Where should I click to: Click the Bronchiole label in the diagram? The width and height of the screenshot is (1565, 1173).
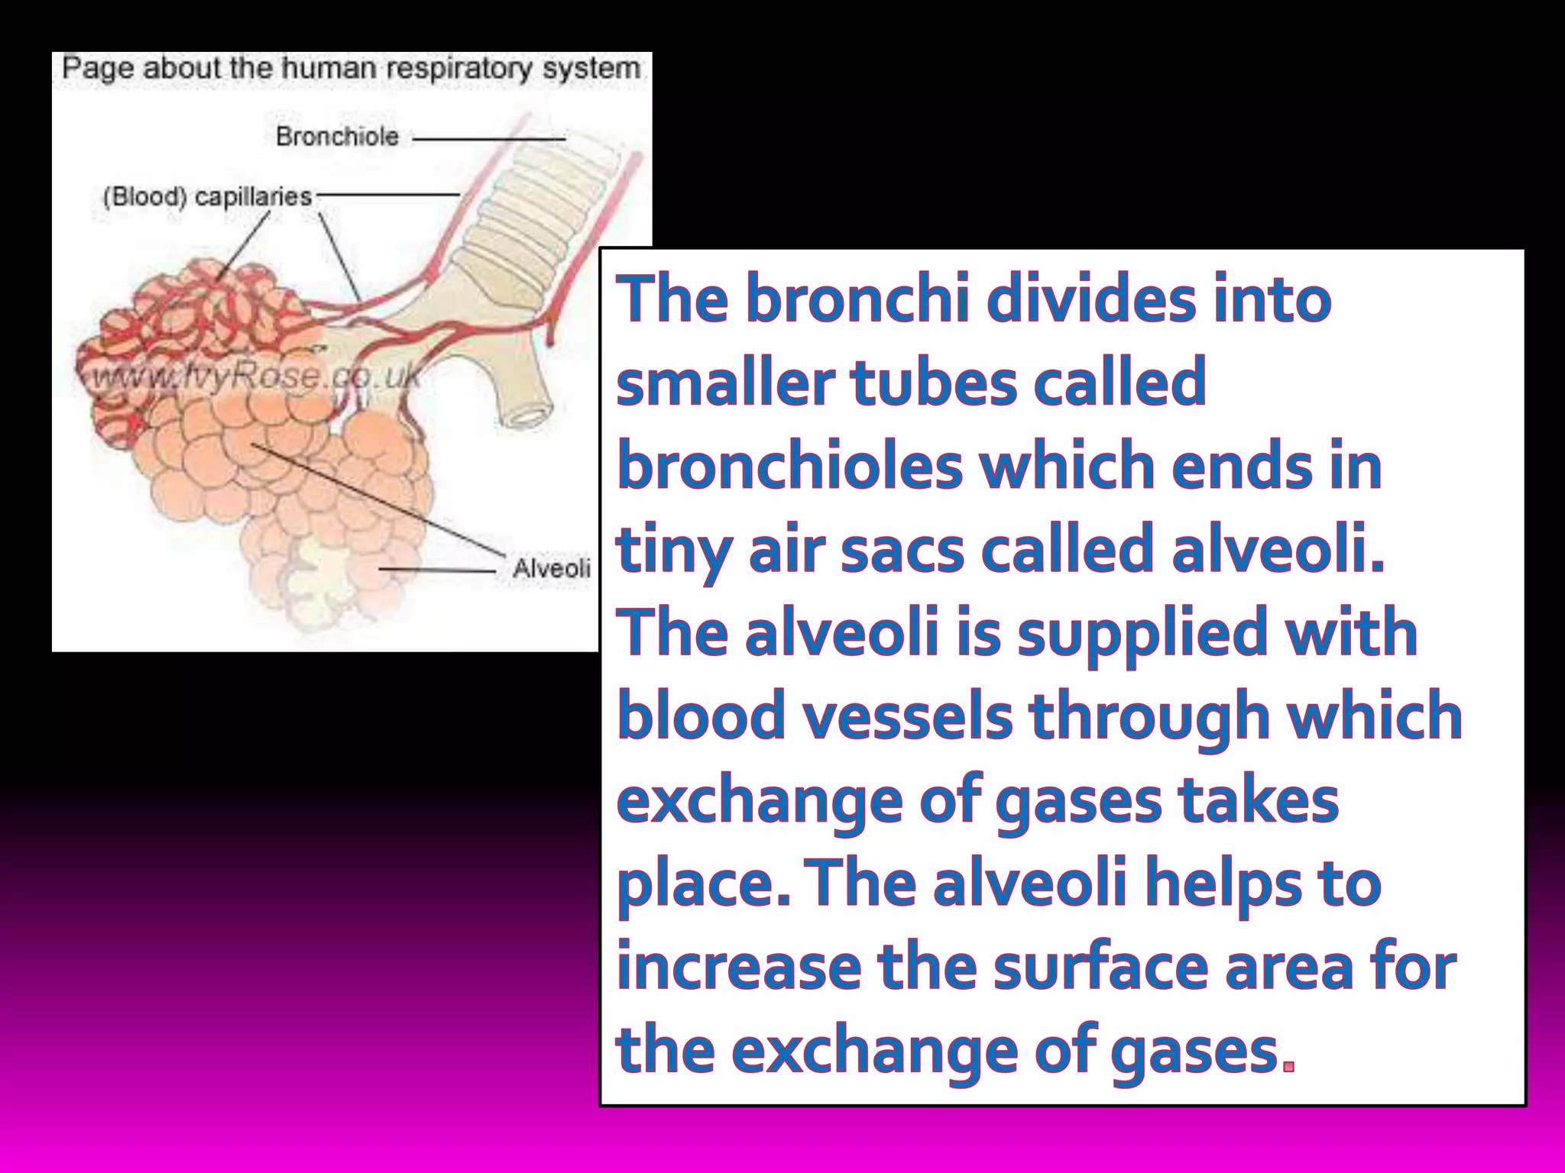[337, 137]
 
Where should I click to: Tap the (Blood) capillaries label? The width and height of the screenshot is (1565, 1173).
[207, 197]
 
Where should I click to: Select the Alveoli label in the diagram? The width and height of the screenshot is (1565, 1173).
[551, 568]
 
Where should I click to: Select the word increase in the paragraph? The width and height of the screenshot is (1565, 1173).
[738, 967]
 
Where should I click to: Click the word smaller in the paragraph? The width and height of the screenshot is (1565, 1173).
[724, 383]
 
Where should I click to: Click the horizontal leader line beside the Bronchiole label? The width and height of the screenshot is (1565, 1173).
[489, 139]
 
